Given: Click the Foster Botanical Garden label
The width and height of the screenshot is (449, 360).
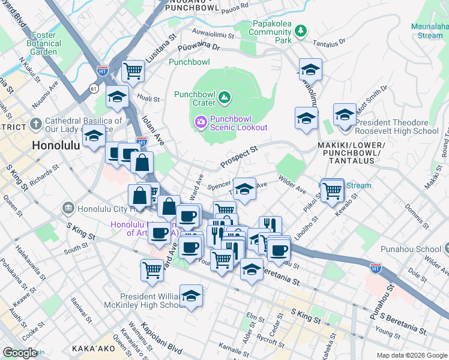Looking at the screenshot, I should [44, 43].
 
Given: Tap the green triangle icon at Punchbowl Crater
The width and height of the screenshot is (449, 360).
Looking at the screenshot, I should [224, 96].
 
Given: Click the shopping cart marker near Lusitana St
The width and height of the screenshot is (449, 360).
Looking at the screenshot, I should [133, 71].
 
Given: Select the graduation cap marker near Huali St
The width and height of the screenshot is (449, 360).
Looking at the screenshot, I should [117, 96].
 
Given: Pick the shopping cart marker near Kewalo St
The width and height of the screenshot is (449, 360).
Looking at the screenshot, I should [332, 191].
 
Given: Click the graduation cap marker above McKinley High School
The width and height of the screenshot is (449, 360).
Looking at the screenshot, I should [191, 296].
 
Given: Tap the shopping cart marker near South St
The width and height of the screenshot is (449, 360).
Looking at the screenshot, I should [152, 270].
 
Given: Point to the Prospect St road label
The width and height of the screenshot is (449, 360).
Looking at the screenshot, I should [238, 156].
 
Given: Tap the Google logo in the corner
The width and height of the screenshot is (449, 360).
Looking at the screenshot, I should [20, 353].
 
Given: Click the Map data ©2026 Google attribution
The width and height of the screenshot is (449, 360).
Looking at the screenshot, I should [411, 355].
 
